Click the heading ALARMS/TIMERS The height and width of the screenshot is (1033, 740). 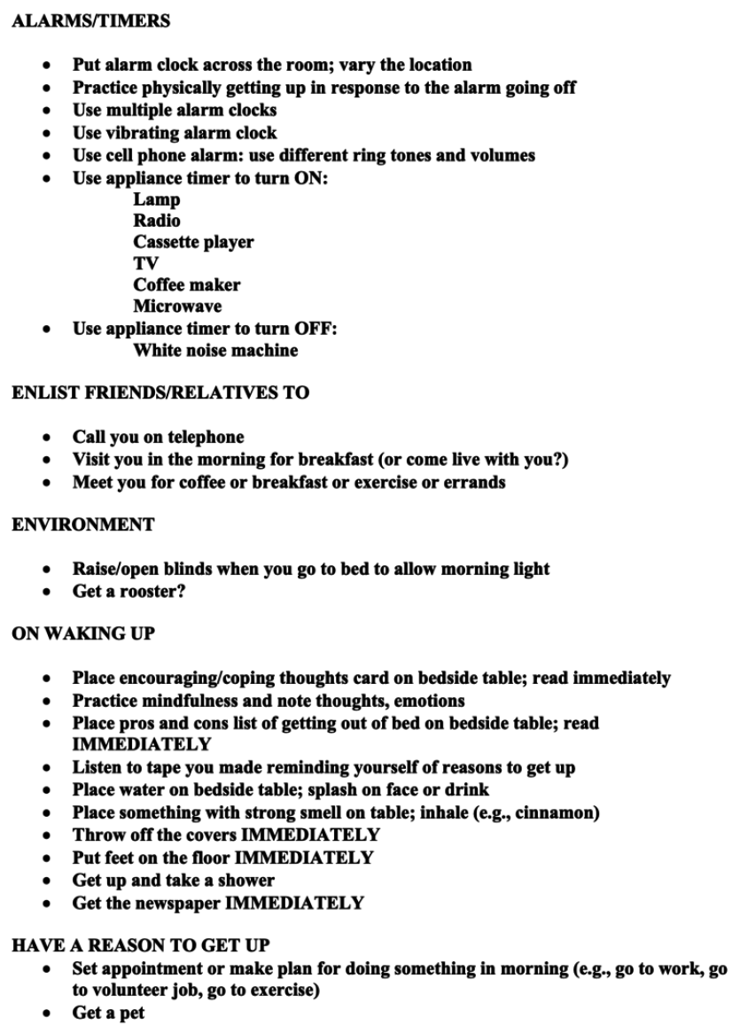click(90, 21)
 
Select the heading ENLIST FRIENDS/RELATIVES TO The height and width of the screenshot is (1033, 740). click(160, 393)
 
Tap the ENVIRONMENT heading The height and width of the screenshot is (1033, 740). click(82, 525)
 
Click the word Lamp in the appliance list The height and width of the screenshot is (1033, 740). click(157, 199)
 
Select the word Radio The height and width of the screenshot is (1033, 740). click(158, 221)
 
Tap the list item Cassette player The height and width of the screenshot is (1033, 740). click(193, 242)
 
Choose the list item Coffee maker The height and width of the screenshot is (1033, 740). click(186, 285)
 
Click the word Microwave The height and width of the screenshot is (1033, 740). click(177, 307)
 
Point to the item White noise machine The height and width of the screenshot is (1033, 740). click(215, 350)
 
